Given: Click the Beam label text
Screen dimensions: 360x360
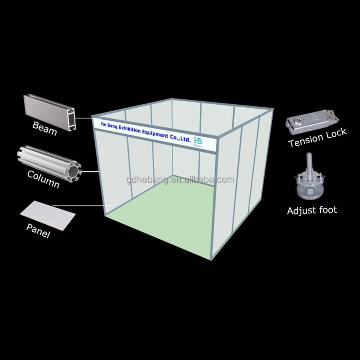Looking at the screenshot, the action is tap(45, 128).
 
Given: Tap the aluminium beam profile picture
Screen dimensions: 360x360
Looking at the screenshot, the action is tap(49, 112).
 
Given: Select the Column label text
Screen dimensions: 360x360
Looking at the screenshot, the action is tap(43, 179).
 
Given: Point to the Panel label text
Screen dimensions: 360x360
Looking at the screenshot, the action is tap(38, 231).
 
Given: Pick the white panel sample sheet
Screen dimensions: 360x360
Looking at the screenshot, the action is tap(48, 216).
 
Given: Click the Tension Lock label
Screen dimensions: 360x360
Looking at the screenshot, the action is tap(317, 138).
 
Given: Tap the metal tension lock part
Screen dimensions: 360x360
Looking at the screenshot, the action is tap(312, 122).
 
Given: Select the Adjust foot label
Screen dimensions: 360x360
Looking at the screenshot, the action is tap(312, 210).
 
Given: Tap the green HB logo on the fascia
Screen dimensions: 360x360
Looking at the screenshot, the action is tap(198, 141).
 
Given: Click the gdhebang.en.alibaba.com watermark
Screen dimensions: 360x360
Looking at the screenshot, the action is tap(180, 180).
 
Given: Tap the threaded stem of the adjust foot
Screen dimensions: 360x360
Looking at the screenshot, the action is tap(309, 167).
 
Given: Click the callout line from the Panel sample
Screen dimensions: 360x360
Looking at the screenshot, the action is tap(82, 205).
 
